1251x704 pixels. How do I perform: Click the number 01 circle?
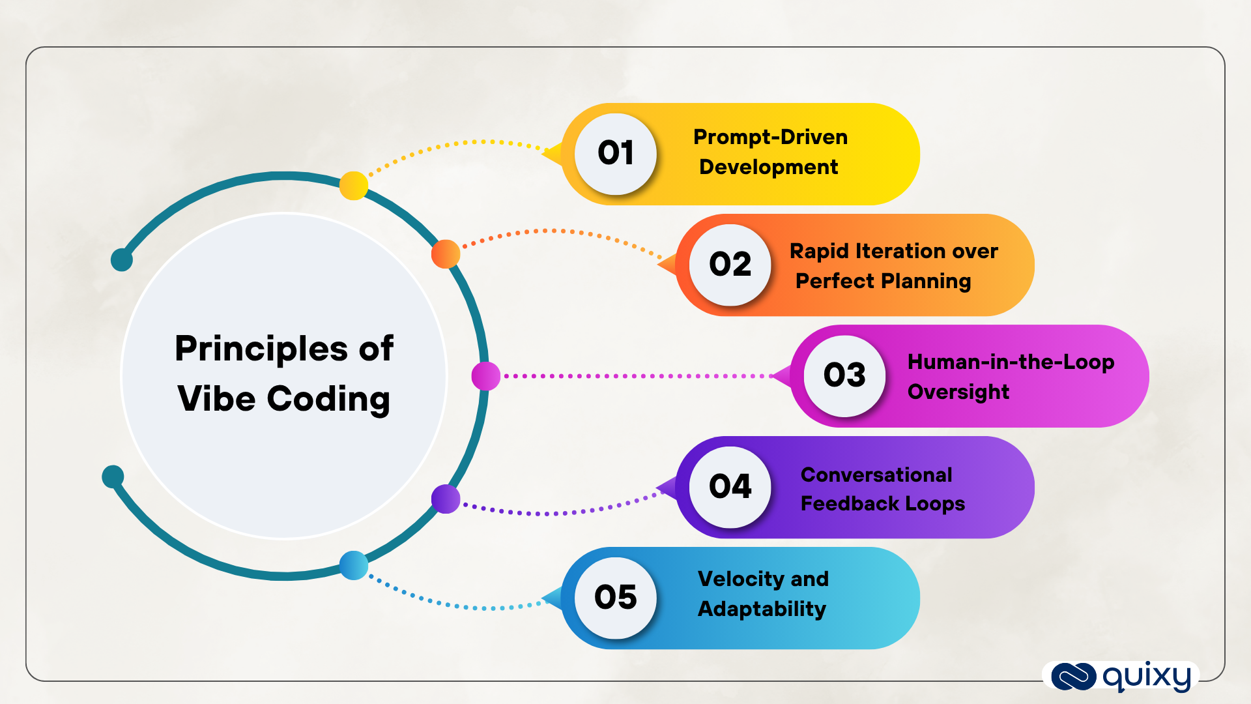click(615, 154)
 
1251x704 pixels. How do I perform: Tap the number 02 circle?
click(730, 265)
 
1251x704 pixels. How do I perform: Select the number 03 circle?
click(844, 375)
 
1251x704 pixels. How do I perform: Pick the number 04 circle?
click(730, 487)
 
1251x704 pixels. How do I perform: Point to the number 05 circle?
click(615, 598)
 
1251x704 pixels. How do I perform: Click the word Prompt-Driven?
click(770, 138)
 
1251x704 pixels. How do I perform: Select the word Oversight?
click(958, 392)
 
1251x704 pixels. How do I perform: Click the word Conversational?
click(876, 475)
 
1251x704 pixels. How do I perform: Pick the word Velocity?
click(740, 579)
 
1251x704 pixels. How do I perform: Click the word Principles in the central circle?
click(261, 349)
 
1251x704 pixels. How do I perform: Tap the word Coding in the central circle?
click(328, 399)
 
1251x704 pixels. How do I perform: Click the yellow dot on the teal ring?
click(354, 186)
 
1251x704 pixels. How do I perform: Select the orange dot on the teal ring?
click(446, 254)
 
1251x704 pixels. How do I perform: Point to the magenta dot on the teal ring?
click(485, 376)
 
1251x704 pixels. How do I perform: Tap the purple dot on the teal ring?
click(446, 499)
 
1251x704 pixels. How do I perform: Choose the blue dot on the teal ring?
click(354, 565)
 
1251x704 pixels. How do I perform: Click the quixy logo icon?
click(1073, 676)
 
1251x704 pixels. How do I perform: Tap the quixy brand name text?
click(1147, 677)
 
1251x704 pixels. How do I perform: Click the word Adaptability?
click(761, 609)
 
